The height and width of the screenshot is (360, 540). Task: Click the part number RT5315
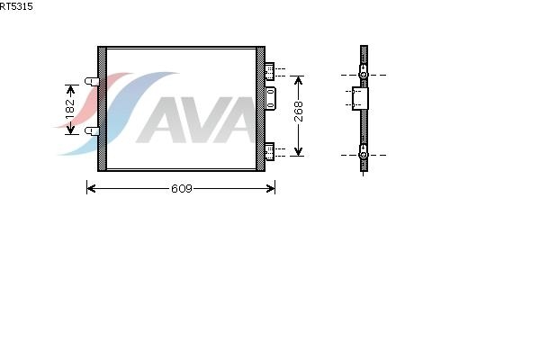click(x=16, y=6)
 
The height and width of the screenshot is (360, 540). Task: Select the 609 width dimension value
click(x=182, y=188)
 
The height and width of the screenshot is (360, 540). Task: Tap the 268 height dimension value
click(x=299, y=112)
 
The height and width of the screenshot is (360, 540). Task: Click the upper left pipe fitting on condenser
click(x=92, y=82)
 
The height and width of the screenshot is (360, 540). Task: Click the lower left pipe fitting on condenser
click(x=92, y=130)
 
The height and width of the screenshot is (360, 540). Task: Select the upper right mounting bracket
click(x=269, y=71)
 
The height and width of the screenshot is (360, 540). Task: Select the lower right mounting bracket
click(x=269, y=151)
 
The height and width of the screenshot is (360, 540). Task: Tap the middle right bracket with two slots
click(x=270, y=98)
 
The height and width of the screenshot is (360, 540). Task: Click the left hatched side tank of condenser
click(x=102, y=109)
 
